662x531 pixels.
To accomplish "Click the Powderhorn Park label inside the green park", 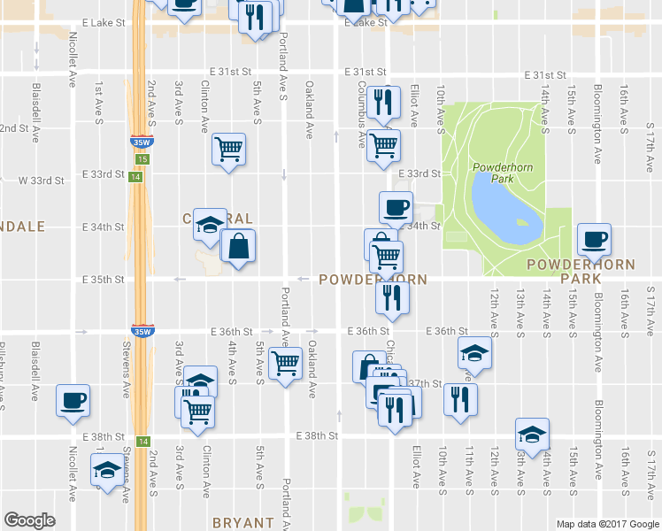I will (x=502, y=173).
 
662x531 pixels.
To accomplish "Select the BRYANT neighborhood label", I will (x=242, y=523).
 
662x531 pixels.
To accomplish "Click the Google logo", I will (x=29, y=520).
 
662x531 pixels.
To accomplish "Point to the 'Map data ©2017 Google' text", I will (x=607, y=524).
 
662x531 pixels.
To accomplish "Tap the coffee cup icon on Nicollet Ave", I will (x=73, y=398).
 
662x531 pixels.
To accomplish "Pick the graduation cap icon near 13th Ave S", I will (x=533, y=434).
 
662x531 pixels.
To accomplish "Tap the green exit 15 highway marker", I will (x=143, y=158).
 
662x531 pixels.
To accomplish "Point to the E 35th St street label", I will (x=103, y=280).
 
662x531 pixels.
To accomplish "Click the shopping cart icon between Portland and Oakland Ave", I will (x=286, y=363).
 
